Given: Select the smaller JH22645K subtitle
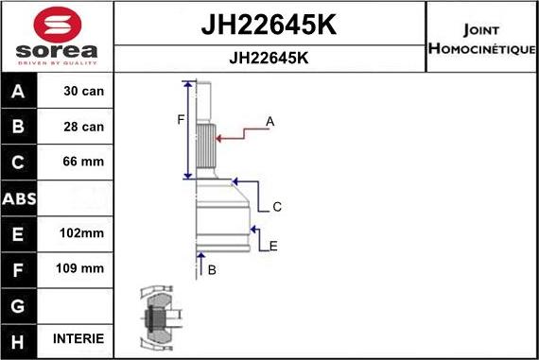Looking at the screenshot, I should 269,57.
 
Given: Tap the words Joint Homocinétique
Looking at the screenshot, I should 481,39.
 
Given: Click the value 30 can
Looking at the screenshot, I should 84,92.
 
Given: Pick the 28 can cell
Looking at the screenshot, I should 84,127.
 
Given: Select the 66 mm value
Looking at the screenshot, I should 84,162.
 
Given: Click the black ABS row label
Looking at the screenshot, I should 20,197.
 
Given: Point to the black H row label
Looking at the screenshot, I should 20,338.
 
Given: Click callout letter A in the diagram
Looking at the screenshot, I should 270,121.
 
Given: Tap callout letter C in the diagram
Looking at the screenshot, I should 277,206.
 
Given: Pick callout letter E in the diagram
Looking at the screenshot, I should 273,247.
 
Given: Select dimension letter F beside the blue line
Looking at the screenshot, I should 181,118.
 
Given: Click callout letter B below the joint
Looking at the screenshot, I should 212,270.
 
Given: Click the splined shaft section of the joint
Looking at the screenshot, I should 208,146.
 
